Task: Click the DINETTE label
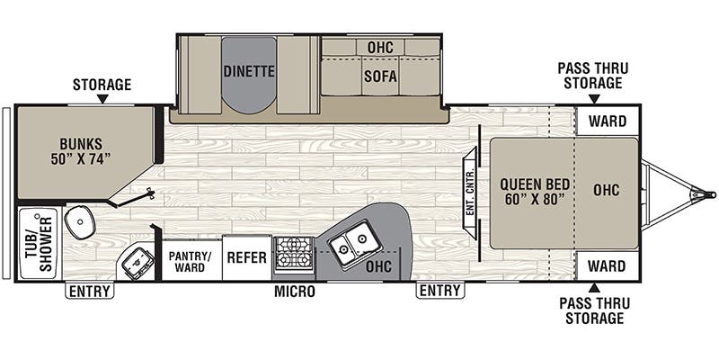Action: point(250,71)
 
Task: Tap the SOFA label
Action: point(380,77)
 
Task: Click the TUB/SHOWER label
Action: point(38,244)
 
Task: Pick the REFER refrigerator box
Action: point(246,257)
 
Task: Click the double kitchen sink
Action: point(351,242)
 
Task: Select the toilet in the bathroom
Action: point(137,262)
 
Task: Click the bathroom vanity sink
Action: point(80,221)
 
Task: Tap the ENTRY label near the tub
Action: point(89,291)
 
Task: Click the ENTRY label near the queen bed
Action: point(440,291)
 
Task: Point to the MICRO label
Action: point(296,292)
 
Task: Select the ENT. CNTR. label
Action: point(469,193)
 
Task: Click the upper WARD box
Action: point(608,121)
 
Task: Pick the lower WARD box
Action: point(608,266)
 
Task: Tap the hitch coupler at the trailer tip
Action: point(709,193)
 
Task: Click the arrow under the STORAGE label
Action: point(102,99)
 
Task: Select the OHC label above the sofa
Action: point(380,47)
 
